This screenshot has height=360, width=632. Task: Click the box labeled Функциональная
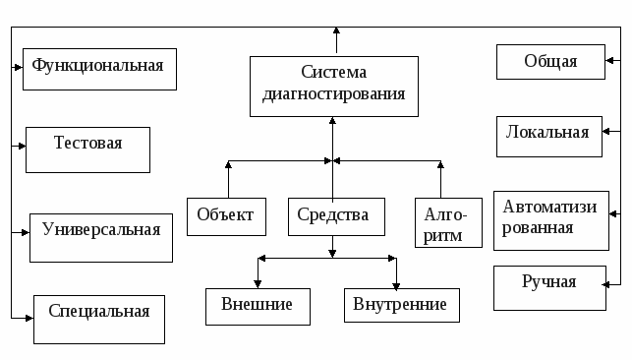click(x=99, y=69)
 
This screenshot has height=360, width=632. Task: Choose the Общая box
click(x=549, y=61)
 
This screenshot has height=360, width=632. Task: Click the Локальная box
click(x=547, y=134)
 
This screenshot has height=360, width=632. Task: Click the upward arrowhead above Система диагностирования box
click(x=336, y=33)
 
